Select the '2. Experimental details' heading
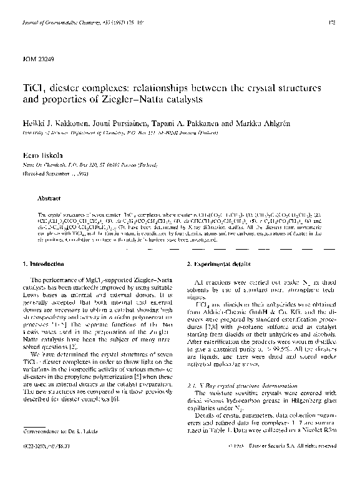(x=218, y=265)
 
